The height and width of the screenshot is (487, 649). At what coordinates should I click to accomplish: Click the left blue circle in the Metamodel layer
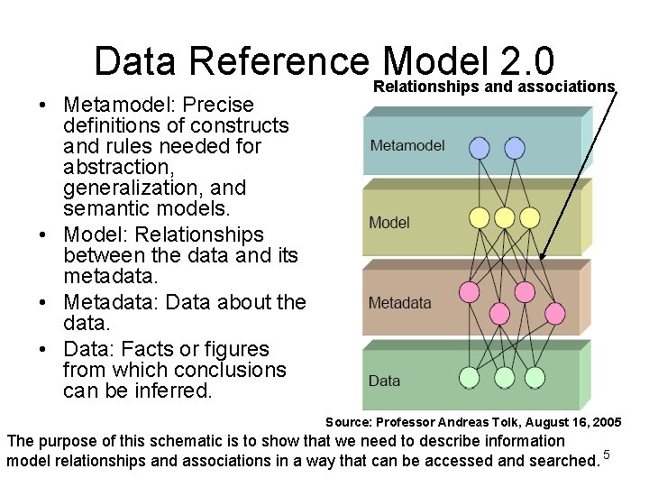click(x=480, y=147)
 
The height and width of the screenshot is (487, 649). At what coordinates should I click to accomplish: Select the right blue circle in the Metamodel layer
click(x=514, y=147)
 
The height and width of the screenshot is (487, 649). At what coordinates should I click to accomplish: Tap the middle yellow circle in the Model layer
click(x=505, y=217)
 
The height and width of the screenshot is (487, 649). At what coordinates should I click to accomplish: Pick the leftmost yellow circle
click(x=480, y=217)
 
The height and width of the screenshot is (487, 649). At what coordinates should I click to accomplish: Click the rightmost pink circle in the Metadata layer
click(x=555, y=313)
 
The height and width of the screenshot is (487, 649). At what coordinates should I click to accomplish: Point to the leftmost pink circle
click(x=470, y=291)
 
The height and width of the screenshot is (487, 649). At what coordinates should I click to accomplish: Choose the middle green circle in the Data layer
click(x=505, y=377)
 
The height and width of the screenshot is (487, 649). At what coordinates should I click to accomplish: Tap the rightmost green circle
click(x=535, y=377)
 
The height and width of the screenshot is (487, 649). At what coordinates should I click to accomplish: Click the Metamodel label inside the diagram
click(x=407, y=145)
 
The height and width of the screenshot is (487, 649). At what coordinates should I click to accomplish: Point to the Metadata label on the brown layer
click(x=400, y=303)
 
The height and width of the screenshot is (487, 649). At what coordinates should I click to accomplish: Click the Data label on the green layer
click(x=384, y=381)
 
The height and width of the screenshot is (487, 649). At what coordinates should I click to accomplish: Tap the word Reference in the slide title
click(x=280, y=61)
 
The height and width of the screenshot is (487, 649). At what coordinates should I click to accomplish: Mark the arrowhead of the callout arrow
click(x=542, y=258)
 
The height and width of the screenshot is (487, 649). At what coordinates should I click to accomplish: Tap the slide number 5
click(x=608, y=454)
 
